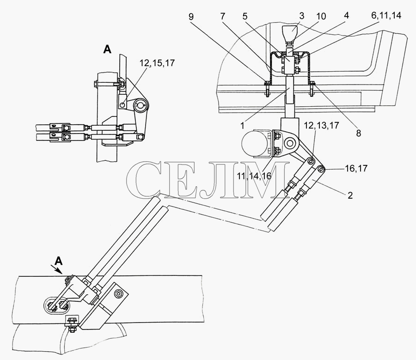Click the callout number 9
point(191,17)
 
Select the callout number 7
point(222,17)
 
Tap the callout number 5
point(245,17)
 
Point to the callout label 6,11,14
point(386,16)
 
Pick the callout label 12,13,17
point(321,125)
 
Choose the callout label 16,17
point(356,168)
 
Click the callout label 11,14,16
point(254,176)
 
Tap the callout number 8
point(358,133)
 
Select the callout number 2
point(350,195)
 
